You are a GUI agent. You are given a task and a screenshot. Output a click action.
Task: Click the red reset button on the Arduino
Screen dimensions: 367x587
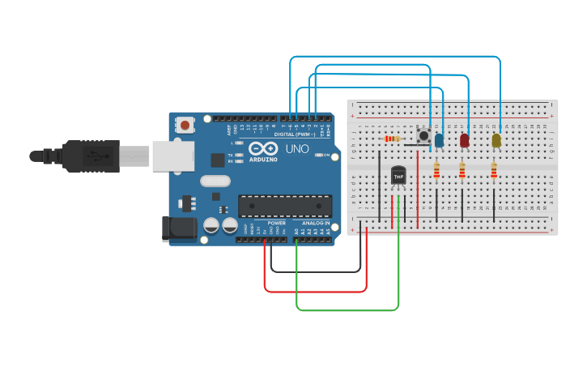(x=186, y=126)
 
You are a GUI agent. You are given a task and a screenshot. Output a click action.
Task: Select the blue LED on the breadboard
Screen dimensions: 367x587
(x=439, y=140)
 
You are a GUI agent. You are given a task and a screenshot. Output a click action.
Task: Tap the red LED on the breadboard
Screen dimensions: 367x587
(x=464, y=140)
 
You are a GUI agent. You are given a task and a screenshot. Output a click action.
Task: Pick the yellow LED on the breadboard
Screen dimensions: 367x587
(x=496, y=140)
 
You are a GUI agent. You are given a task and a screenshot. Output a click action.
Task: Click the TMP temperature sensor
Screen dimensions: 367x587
(x=398, y=175)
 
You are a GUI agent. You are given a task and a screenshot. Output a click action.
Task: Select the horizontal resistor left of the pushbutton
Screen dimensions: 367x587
(x=393, y=139)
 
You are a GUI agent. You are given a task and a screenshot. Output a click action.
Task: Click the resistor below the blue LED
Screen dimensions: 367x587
(x=437, y=170)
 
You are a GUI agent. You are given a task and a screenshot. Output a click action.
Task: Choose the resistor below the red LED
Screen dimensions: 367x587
(x=462, y=170)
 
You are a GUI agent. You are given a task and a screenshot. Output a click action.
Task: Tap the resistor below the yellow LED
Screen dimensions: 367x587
(x=494, y=170)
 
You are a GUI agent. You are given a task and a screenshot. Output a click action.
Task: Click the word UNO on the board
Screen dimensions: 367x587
(x=296, y=149)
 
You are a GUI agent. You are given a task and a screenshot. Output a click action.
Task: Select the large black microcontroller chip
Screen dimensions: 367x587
(x=284, y=206)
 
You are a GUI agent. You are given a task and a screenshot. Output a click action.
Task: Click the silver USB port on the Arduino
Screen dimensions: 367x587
(x=172, y=155)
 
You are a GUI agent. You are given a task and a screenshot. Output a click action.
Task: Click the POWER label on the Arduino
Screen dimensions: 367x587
(x=277, y=223)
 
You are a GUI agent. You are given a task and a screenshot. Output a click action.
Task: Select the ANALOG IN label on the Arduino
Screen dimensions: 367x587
(x=316, y=223)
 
